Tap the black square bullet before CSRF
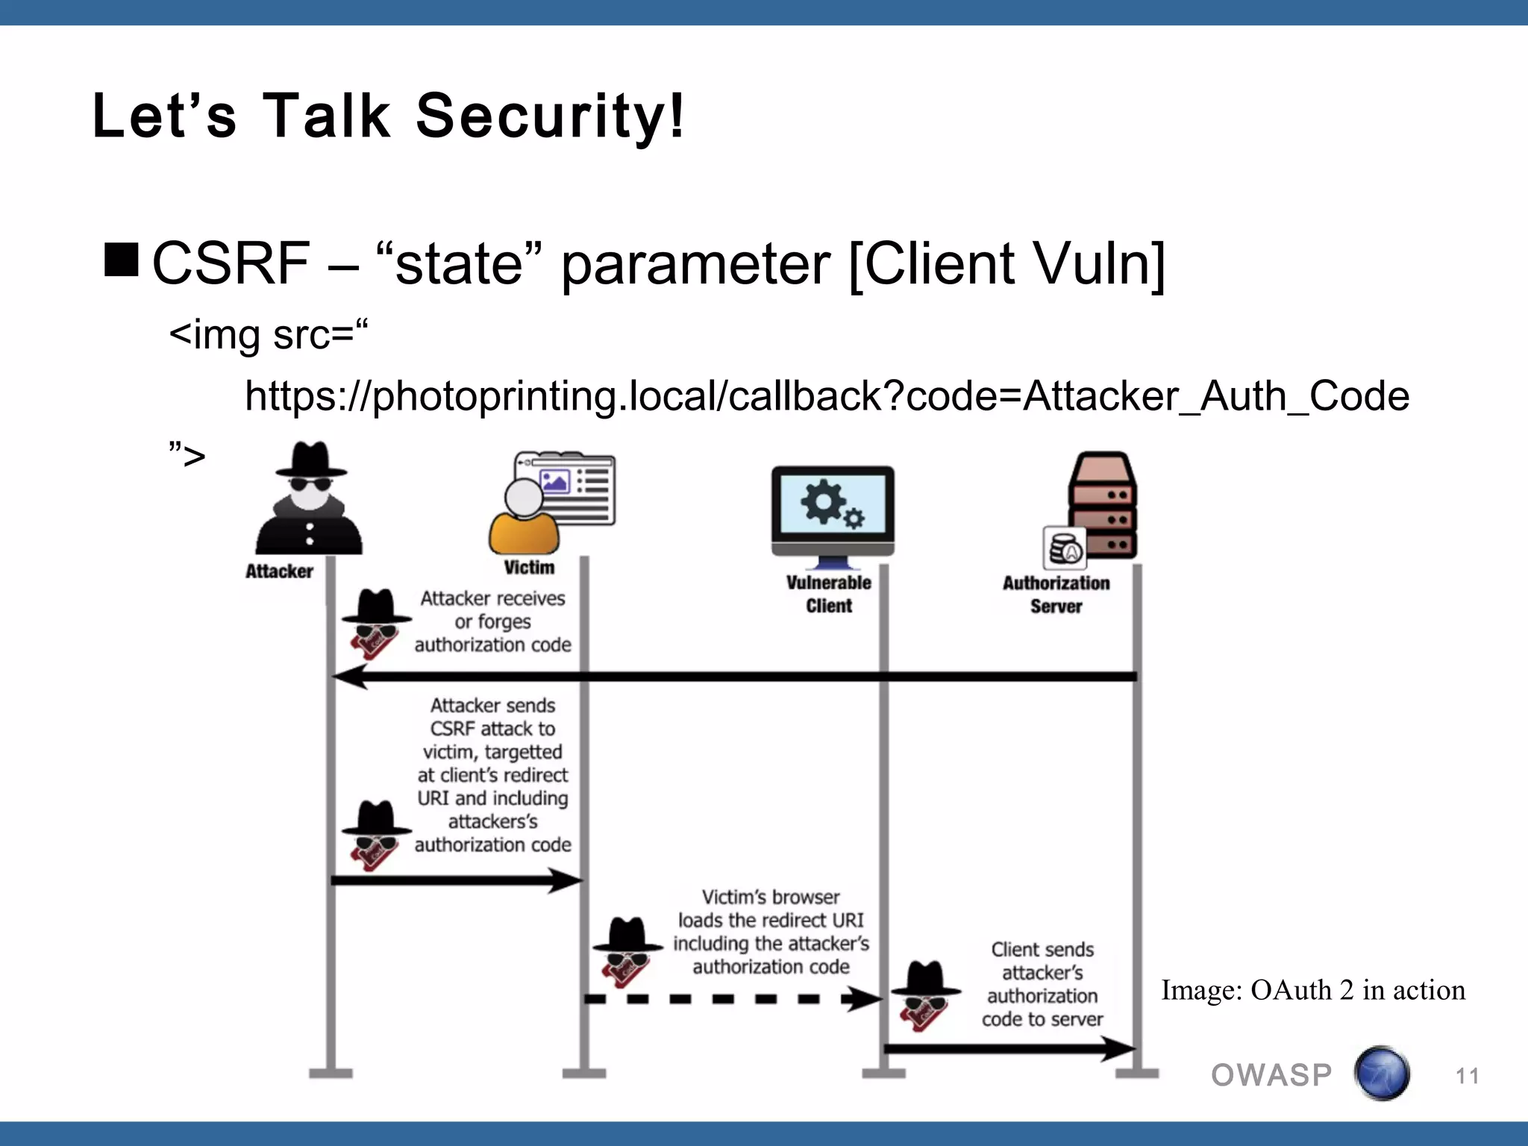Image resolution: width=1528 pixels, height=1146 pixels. (122, 260)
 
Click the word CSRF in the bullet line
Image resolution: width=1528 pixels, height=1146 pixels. (231, 263)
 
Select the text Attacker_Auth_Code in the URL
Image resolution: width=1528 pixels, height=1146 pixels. (1215, 396)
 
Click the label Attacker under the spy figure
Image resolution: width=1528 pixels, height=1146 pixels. (279, 572)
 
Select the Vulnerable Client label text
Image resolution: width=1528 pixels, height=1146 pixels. (828, 594)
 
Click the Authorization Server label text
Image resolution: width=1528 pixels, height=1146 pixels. (1056, 595)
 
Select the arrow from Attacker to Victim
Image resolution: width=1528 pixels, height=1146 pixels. (455, 880)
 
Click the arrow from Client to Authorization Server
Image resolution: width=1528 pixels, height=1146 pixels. (1007, 1048)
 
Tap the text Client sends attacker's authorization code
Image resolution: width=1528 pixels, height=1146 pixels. (1042, 984)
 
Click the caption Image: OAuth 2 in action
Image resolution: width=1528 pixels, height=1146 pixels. (1312, 990)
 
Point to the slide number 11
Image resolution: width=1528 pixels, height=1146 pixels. (1467, 1076)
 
